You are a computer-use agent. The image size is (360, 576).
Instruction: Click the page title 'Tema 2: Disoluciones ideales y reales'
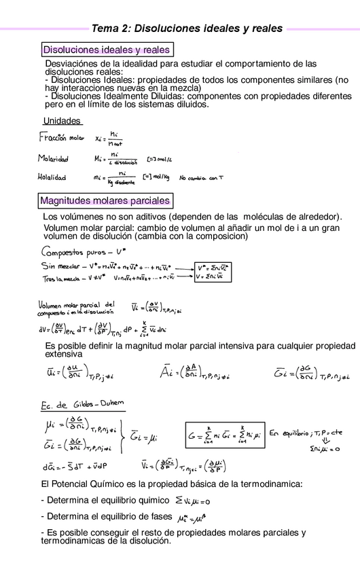coord(187,29)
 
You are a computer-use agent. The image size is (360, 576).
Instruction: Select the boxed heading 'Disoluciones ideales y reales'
coord(106,50)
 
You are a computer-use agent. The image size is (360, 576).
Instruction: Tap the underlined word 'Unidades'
coord(62,120)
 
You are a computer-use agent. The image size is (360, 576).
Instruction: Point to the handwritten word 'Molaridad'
coord(54,160)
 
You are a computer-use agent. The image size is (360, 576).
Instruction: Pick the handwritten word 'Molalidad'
coord(52,178)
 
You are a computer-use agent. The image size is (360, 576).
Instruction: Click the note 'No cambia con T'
coord(202,178)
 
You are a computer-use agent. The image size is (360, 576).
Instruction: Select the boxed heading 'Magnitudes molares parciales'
coord(105,201)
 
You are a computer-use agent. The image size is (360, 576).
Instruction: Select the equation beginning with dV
coord(102,330)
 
